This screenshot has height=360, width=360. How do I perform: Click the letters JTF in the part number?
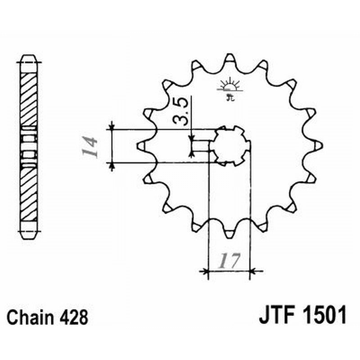click(x=276, y=315)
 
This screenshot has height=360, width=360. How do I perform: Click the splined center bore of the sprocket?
click(x=231, y=145)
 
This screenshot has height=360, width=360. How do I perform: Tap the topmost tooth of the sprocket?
click(x=229, y=58)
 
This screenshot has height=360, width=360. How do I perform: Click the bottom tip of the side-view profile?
click(x=29, y=234)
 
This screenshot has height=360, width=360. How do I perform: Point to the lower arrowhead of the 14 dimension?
click(x=112, y=166)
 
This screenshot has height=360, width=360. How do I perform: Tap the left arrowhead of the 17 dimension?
click(x=205, y=271)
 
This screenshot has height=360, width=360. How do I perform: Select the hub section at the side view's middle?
click(x=29, y=146)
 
